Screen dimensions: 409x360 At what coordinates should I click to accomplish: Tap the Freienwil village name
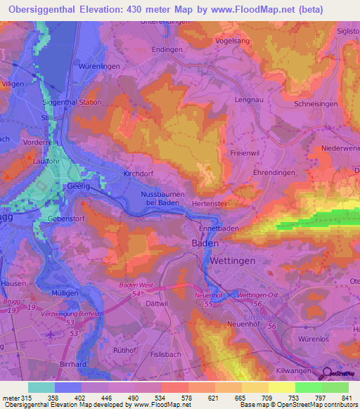244,152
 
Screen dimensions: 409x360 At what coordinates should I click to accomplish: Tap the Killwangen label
309,368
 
